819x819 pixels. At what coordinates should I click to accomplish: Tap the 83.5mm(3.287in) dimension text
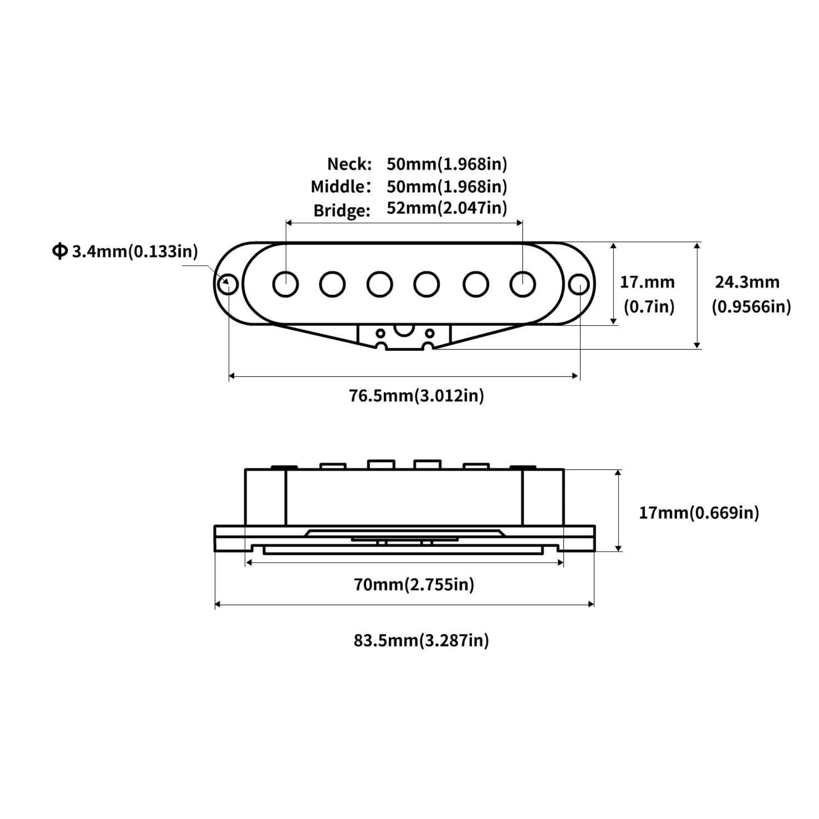click(x=421, y=640)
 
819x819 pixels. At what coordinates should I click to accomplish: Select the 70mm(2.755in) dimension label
click(x=414, y=584)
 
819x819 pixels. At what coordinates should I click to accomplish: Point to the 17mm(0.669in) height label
click(x=699, y=513)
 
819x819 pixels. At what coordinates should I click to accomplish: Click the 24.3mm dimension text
click(x=747, y=282)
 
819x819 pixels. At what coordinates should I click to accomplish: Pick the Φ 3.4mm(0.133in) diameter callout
click(x=125, y=251)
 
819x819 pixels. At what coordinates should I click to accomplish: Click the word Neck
click(x=349, y=164)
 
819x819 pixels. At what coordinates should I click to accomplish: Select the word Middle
click(x=341, y=186)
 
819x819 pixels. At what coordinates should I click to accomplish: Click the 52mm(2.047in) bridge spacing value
click(x=447, y=208)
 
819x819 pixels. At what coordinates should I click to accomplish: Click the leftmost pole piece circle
click(x=286, y=284)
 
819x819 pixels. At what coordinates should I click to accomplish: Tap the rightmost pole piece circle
click(x=523, y=284)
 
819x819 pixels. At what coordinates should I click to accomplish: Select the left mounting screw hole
click(x=228, y=284)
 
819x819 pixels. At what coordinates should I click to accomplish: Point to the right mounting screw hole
click(x=579, y=284)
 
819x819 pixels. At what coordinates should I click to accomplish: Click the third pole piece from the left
click(x=379, y=284)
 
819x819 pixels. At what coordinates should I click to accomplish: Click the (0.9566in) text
click(x=751, y=307)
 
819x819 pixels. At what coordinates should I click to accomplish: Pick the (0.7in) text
click(x=649, y=307)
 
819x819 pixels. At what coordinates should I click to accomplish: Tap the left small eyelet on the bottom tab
click(x=381, y=333)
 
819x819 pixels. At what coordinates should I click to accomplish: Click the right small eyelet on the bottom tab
click(x=430, y=333)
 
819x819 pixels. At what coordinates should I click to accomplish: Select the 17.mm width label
click(x=647, y=282)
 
